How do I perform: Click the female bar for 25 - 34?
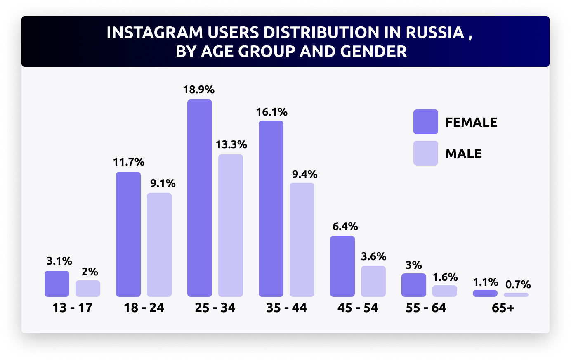(x=200, y=198)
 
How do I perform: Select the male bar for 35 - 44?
(x=302, y=240)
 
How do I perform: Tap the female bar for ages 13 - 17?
(x=57, y=284)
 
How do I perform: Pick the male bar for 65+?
(x=516, y=295)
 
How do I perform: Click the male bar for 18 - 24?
(x=159, y=245)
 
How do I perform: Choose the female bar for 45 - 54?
(x=342, y=266)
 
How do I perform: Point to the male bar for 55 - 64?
(x=445, y=291)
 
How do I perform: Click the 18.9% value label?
(x=199, y=90)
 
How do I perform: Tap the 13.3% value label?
(x=231, y=144)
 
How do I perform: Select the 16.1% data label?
(x=271, y=112)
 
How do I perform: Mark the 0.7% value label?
(x=518, y=284)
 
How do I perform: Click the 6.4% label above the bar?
(x=345, y=226)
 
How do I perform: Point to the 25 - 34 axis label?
(x=215, y=308)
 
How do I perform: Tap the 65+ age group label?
(x=503, y=308)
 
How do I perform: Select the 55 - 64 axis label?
(x=426, y=308)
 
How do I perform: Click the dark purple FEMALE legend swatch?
(x=426, y=122)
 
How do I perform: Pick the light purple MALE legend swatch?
(x=426, y=153)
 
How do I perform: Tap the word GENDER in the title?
(x=373, y=52)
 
